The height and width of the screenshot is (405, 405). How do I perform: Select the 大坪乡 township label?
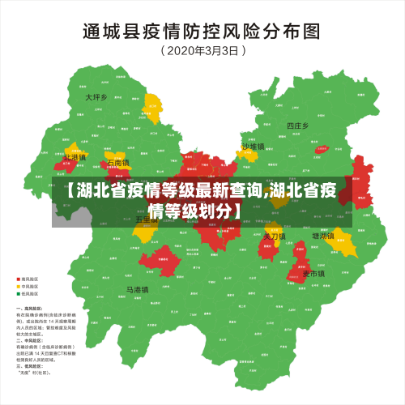[96, 97]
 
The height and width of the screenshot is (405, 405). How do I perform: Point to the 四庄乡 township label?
[298, 126]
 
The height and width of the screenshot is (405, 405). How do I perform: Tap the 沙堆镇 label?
[254, 147]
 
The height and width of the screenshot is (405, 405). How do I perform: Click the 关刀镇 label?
[275, 236]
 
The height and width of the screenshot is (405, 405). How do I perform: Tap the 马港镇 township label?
[137, 289]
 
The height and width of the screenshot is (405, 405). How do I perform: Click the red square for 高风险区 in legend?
[19, 279]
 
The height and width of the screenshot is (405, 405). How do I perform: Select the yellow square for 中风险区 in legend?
[19, 286]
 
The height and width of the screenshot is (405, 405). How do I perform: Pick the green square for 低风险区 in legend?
[19, 294]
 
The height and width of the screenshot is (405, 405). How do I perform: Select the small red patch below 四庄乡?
[322, 149]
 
